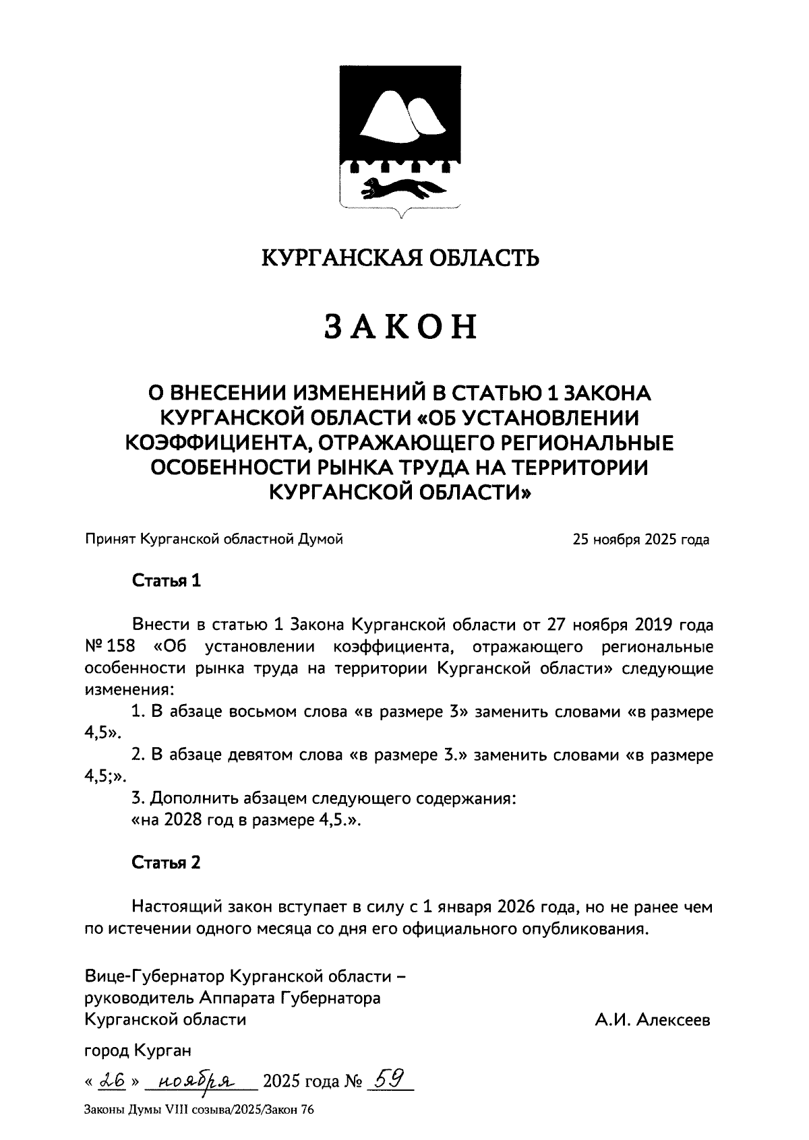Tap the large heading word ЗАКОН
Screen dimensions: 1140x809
(x=401, y=326)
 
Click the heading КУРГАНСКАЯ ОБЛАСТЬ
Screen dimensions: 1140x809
(x=400, y=257)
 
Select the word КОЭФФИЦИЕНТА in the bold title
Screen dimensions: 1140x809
(x=218, y=443)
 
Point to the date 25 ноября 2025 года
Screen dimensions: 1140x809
(x=640, y=540)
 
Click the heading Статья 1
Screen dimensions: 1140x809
(x=167, y=581)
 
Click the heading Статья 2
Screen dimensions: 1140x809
(x=166, y=862)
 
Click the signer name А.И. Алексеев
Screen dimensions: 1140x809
(x=653, y=1021)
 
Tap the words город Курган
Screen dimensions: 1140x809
(x=138, y=1050)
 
